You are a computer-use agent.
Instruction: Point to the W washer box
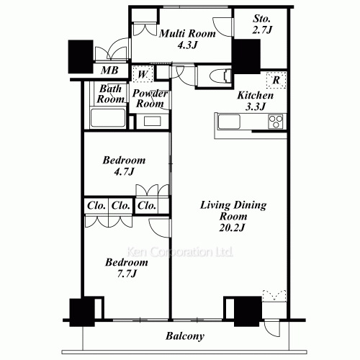click(142, 73)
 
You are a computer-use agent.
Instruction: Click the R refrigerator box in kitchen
click(275, 80)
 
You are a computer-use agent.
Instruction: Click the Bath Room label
click(112, 94)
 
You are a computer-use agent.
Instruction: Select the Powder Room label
click(150, 99)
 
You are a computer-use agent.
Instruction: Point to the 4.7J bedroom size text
click(124, 172)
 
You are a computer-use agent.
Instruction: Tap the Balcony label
click(185, 336)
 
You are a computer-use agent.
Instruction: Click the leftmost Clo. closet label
click(96, 205)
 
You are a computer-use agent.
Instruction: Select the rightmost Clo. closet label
click(147, 205)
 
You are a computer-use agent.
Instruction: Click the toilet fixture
click(218, 75)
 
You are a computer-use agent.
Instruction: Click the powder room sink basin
click(153, 121)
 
